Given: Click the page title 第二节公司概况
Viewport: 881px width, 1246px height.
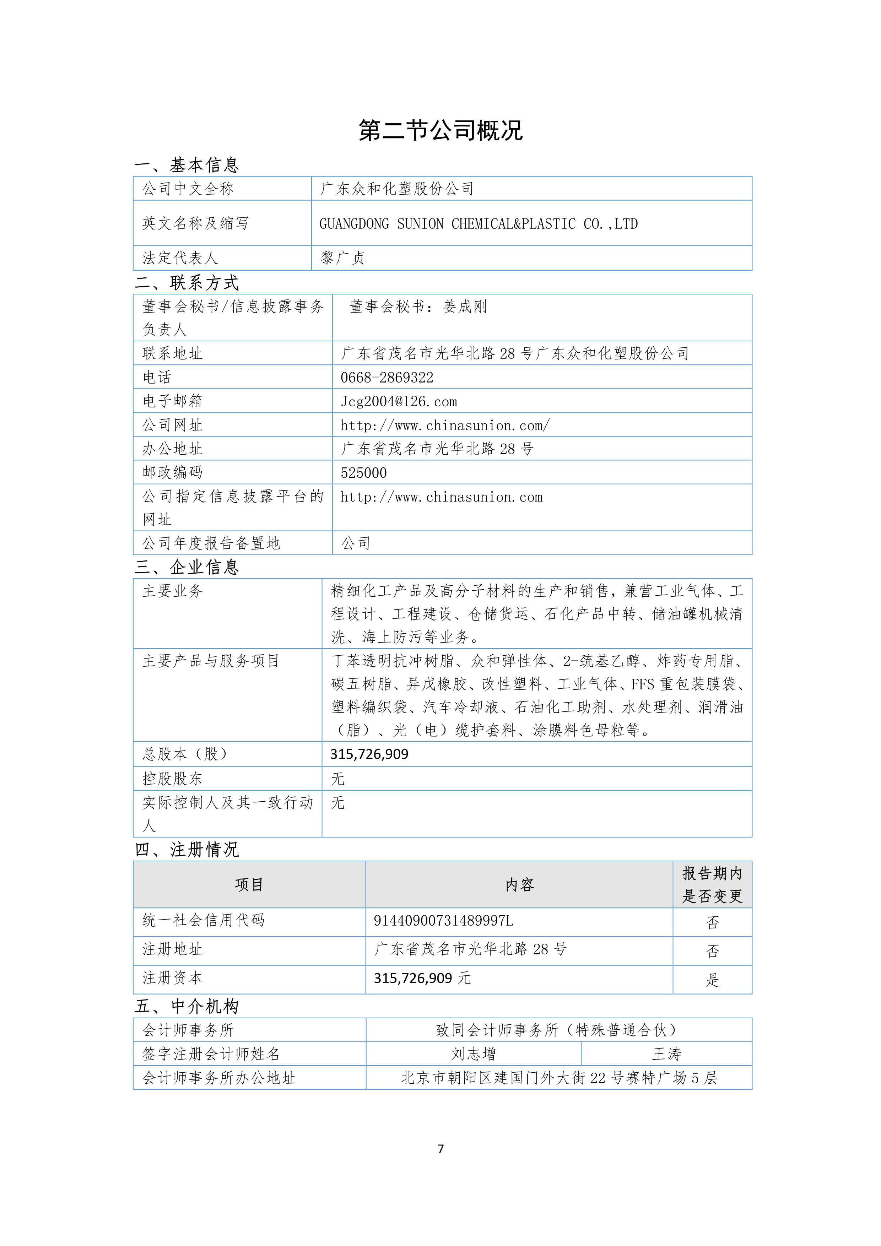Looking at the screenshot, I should [x=440, y=131].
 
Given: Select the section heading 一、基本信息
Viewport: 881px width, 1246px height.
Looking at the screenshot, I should [x=187, y=164].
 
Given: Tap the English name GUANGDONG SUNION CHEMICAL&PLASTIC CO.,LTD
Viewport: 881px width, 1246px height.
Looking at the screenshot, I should [x=478, y=223].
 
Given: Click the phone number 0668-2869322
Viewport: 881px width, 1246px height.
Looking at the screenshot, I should [x=387, y=377].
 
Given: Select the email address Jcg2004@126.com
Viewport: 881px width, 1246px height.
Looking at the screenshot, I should [x=399, y=402].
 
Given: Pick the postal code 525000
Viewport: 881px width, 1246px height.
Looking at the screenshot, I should [x=364, y=473].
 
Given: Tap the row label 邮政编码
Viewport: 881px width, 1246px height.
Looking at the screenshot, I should [x=172, y=473].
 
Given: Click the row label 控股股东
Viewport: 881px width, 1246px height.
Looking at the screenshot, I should [x=172, y=779].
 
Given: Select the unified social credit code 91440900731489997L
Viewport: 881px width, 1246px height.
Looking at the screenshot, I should [x=443, y=921].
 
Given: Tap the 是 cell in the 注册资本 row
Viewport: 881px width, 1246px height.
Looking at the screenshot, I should [x=712, y=980].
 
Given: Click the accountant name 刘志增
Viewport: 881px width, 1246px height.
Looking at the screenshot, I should [x=473, y=1054].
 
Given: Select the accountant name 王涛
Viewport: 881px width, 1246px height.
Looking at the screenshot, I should [x=666, y=1054].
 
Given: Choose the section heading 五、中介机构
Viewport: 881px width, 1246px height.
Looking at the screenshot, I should [x=187, y=1006].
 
